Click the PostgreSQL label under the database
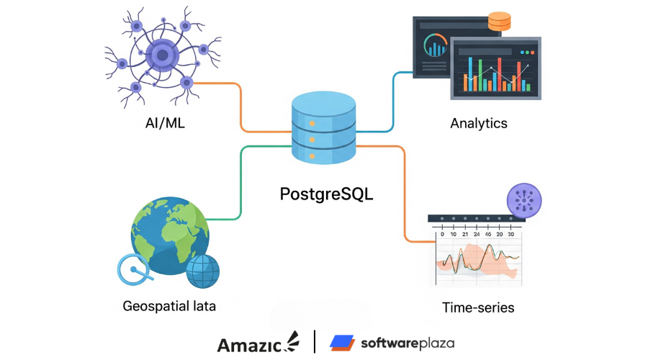coord(328,194)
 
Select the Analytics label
coord(479,123)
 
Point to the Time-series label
coord(478,307)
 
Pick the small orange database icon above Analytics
coord(499,22)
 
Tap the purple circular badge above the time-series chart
coord(526,201)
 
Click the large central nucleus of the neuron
coord(162,55)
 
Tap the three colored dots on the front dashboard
coord(528,53)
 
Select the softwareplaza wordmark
coord(408,343)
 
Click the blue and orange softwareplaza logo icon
coord(341,343)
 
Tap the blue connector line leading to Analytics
coord(393,101)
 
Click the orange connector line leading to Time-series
coord(405,194)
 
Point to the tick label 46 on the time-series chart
coord(488,234)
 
